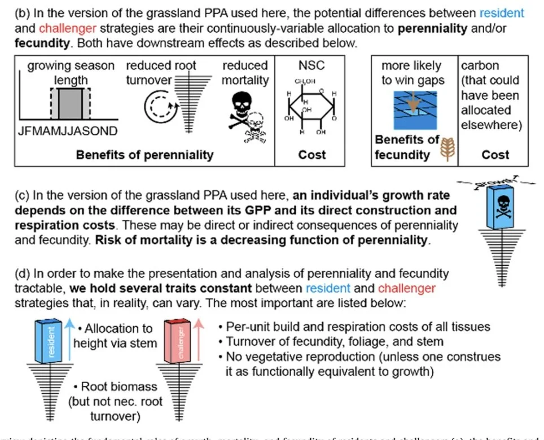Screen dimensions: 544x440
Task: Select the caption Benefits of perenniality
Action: tap(144, 155)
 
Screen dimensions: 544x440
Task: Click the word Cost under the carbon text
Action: tap(495, 155)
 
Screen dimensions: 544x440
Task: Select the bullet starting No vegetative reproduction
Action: tap(359, 357)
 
